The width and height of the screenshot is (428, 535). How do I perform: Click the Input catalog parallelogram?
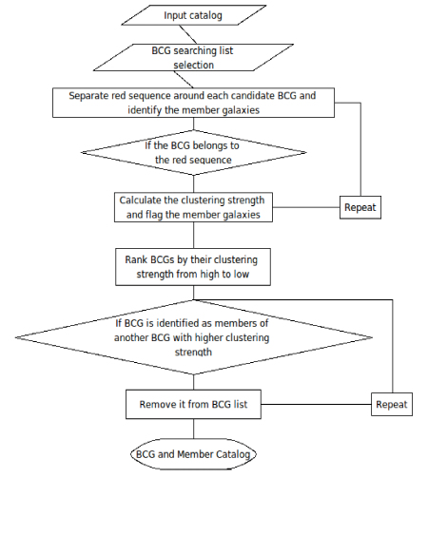194,15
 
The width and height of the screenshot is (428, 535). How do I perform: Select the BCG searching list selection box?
193,57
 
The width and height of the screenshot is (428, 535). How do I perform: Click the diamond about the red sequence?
193,152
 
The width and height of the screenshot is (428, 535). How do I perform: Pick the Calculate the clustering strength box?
193,207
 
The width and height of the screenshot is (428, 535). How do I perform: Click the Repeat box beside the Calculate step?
360,207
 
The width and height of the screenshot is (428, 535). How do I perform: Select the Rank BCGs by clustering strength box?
193,267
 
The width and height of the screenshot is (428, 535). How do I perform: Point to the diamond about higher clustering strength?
194,337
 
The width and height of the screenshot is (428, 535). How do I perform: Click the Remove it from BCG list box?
193,404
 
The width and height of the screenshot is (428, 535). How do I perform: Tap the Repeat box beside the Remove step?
392,404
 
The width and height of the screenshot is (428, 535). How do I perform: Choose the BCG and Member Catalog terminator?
193,454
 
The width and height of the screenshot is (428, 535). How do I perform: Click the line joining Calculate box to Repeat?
306,207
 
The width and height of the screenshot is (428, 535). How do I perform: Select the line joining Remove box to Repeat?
317,404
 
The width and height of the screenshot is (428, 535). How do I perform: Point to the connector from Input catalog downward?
188,34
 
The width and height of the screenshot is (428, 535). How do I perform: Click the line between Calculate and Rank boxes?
194,235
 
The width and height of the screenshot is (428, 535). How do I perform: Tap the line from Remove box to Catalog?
194,429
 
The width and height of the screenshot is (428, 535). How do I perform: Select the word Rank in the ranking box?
133,259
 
